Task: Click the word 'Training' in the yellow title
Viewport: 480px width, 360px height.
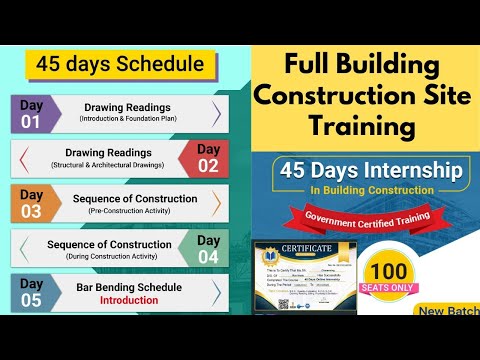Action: (x=361, y=127)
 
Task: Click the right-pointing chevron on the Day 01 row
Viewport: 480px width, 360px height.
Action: (x=217, y=113)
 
